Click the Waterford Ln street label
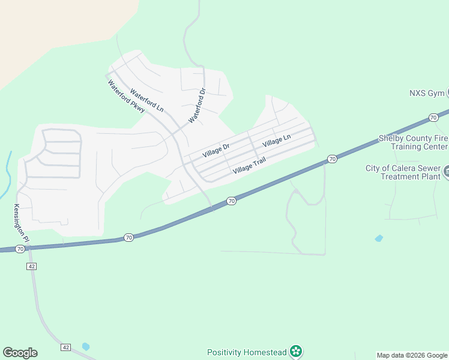tap(147, 101)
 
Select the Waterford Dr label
tap(197, 106)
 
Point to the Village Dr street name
tap(216, 150)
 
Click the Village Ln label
tap(276, 142)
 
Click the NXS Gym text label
tap(426, 93)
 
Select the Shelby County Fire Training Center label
tap(412, 142)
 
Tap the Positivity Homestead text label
tap(247, 352)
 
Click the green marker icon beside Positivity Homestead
tap(295, 351)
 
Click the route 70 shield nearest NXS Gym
tap(433, 118)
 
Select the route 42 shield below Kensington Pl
tap(31, 265)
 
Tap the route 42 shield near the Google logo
tap(66, 347)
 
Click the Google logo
tap(20, 353)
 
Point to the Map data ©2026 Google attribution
tap(412, 355)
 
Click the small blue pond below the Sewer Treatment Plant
tap(378, 238)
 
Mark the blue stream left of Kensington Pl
tap(8, 168)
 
